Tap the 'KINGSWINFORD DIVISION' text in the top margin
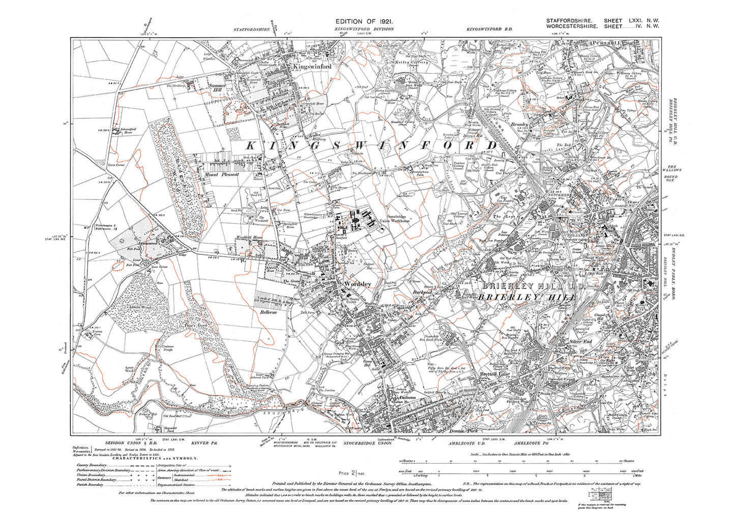364,30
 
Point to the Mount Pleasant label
221,175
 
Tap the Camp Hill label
367,363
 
